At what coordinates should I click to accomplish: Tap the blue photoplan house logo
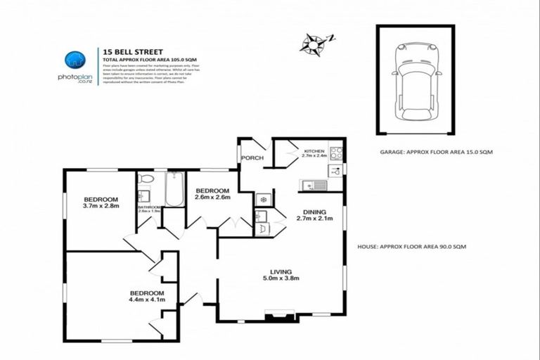(x=74, y=60)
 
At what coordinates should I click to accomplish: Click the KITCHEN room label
(x=313, y=151)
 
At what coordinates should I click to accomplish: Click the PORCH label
(x=252, y=158)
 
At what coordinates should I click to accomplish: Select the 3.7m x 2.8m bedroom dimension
(x=101, y=207)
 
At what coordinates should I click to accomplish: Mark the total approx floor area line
(x=148, y=59)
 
